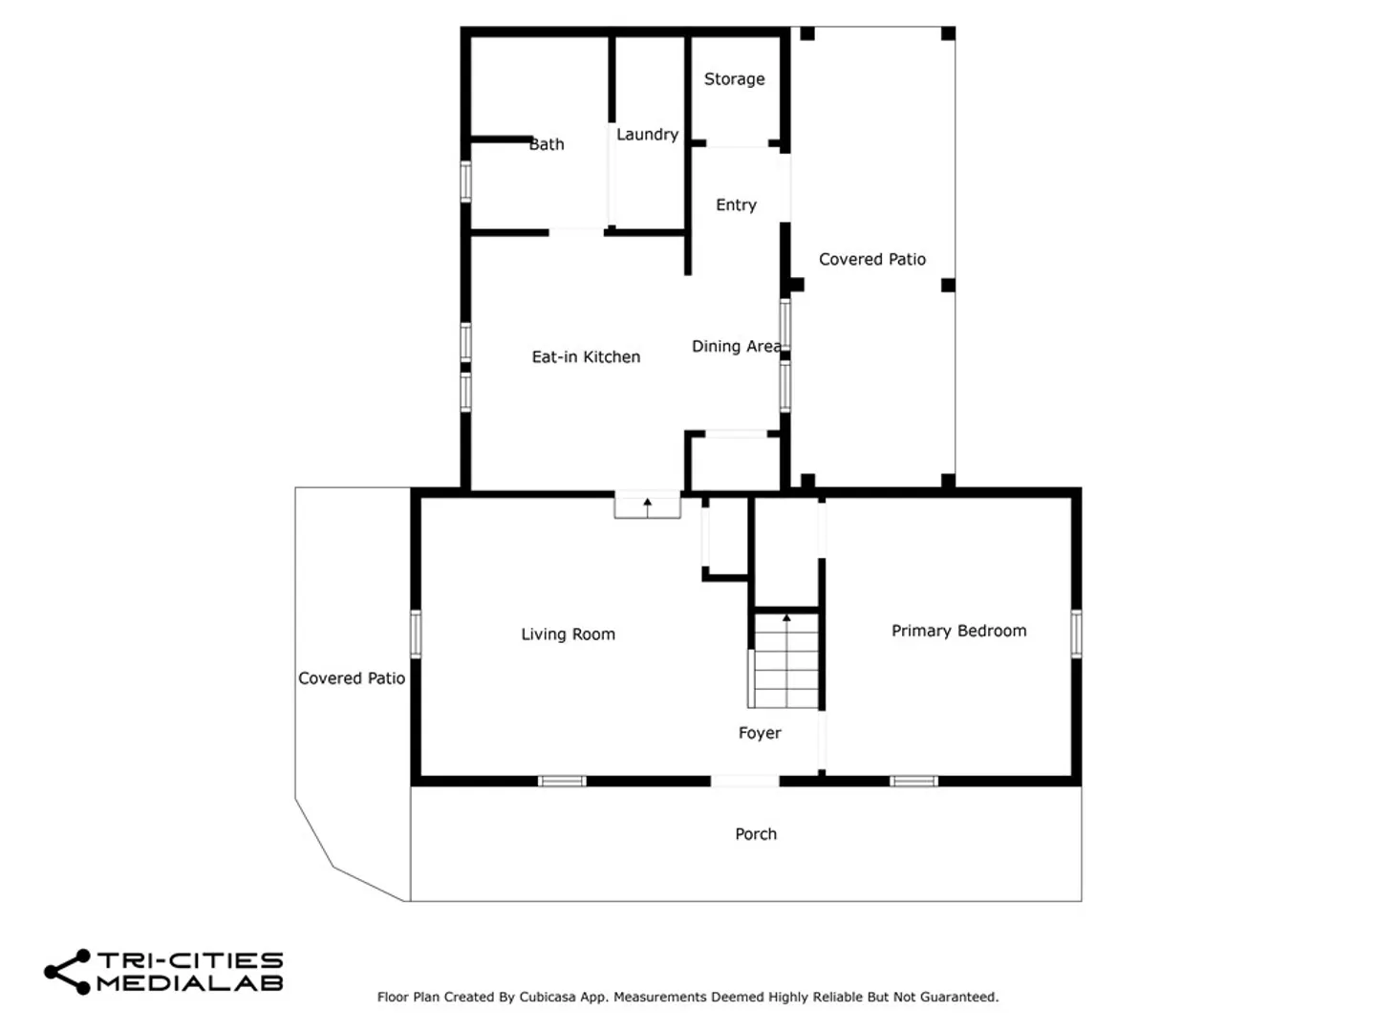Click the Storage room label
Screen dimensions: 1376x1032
[x=734, y=79]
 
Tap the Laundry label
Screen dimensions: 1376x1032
[x=647, y=134]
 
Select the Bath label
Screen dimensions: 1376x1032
[x=547, y=144]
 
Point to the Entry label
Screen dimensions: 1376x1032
[x=736, y=204]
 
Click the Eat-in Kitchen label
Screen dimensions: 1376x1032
[x=586, y=356]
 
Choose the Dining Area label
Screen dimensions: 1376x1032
[x=737, y=347]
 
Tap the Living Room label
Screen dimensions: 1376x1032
[x=568, y=634]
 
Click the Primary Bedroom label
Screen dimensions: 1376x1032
[x=958, y=631]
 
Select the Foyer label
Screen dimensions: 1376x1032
[x=759, y=733]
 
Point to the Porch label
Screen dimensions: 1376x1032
[x=756, y=834]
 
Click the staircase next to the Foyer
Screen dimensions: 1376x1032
[x=786, y=660]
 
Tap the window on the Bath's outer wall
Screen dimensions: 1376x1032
[x=465, y=182]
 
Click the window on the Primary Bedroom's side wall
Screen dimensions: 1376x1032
[x=1076, y=634]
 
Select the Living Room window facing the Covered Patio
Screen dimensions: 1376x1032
[x=416, y=634]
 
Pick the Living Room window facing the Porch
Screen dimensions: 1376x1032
[x=562, y=781]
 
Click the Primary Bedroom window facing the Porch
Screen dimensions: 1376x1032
[x=914, y=781]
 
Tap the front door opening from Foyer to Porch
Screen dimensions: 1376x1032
[x=744, y=781]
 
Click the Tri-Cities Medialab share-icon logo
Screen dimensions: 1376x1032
[x=67, y=972]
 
